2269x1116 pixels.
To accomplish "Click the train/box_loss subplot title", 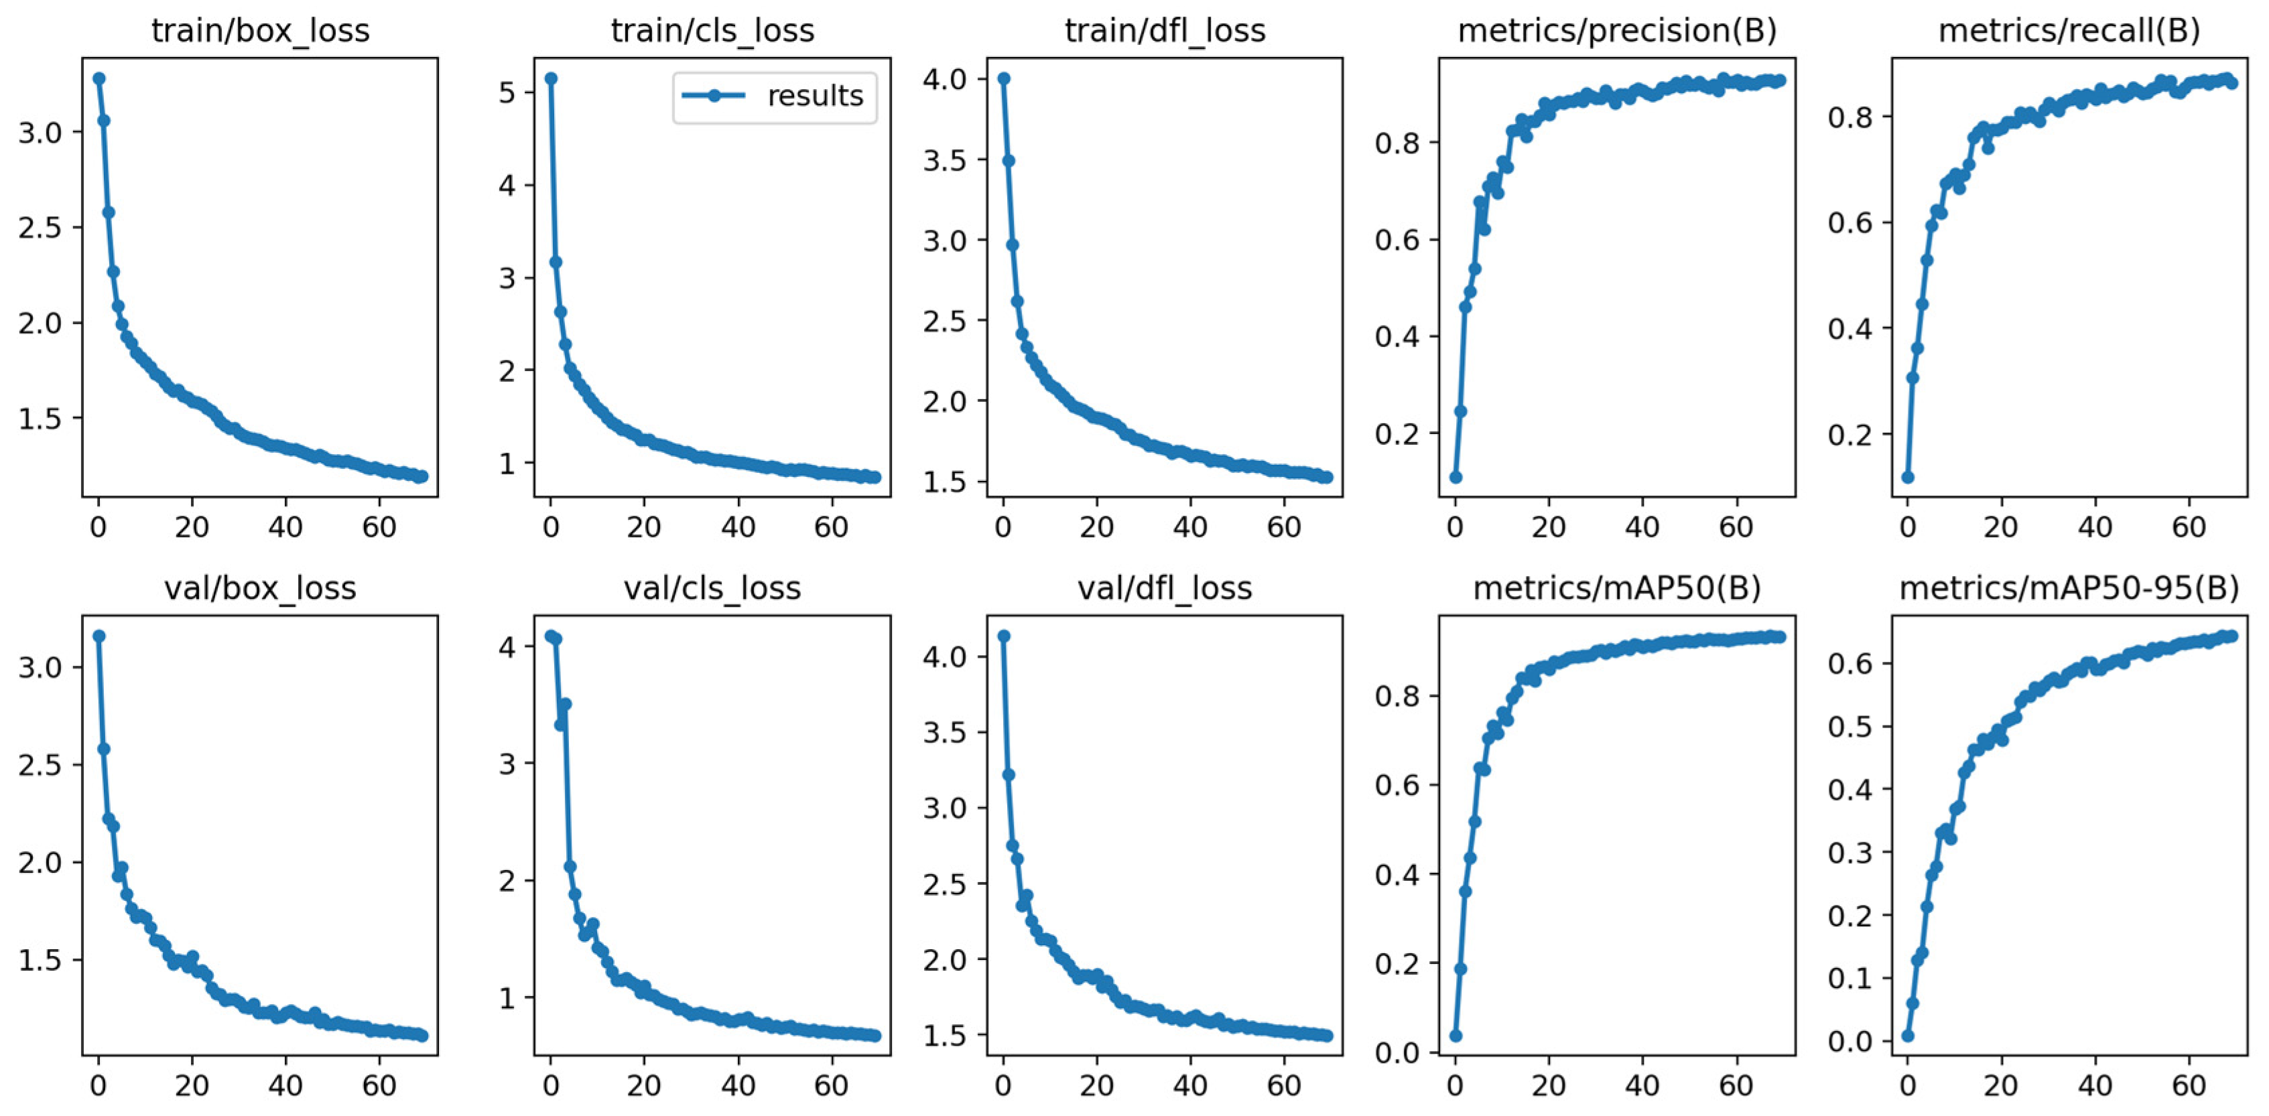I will (x=260, y=31).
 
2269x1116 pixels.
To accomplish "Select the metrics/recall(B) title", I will (x=2069, y=31).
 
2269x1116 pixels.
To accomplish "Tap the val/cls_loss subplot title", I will (x=712, y=588).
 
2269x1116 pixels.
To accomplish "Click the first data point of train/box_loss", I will (x=99, y=78).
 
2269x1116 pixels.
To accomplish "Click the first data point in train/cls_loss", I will (x=551, y=78).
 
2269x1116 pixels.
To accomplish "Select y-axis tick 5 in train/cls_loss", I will (x=507, y=92).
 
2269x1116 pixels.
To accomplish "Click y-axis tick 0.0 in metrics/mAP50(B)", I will (x=1398, y=1052).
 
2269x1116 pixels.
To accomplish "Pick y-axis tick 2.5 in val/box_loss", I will (x=40, y=764).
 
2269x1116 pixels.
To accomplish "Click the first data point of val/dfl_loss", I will (x=1003, y=636).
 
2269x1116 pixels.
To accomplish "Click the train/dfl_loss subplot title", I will (x=1165, y=31).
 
